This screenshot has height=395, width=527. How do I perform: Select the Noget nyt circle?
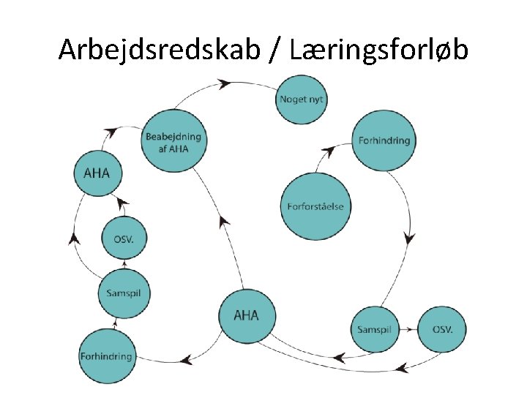click(x=301, y=99)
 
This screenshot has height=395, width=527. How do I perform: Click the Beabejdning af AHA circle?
click(x=173, y=141)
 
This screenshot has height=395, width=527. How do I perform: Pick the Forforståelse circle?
click(x=316, y=206)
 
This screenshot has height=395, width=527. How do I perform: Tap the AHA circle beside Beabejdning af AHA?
click(x=97, y=173)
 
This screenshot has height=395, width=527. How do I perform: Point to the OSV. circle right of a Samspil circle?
click(x=443, y=330)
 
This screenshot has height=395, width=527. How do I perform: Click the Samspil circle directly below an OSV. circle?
click(x=124, y=293)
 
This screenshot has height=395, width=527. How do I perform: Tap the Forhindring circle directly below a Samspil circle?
click(x=106, y=356)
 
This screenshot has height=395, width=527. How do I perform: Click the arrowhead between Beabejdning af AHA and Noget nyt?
click(x=225, y=84)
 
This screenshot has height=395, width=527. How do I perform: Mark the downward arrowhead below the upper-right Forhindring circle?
click(x=408, y=238)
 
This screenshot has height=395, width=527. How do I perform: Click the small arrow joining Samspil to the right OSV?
click(x=412, y=330)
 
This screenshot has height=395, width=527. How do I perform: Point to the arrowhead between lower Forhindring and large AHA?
click(x=187, y=359)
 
